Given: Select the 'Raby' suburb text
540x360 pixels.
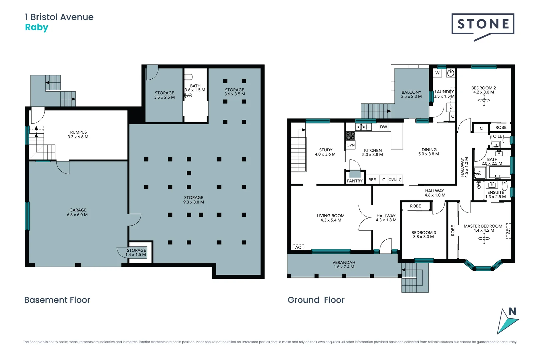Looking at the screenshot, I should [x=37, y=27].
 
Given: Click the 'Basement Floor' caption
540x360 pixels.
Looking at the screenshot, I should [x=57, y=300].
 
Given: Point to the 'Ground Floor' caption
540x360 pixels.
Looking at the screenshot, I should [x=316, y=300].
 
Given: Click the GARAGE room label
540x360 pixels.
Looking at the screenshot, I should [x=78, y=212].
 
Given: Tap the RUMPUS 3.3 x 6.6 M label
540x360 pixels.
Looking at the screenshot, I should [x=78, y=134].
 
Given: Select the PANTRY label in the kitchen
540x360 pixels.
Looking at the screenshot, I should [x=355, y=181].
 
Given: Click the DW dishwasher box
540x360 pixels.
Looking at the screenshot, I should [x=384, y=127].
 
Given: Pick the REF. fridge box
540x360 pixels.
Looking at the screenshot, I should [x=372, y=180].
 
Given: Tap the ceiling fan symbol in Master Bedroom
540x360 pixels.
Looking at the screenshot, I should [x=484, y=238].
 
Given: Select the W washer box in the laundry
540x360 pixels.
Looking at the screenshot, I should [x=437, y=73].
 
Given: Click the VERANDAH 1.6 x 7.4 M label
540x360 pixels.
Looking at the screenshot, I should [x=344, y=265].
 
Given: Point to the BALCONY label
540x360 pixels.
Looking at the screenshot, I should [x=411, y=94].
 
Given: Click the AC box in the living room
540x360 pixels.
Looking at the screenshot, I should [x=298, y=247].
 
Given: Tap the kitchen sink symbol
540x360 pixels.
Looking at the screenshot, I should [x=363, y=127].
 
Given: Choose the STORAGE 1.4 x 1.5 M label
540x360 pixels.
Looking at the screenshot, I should [x=136, y=252].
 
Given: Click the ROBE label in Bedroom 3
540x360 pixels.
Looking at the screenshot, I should [x=415, y=206].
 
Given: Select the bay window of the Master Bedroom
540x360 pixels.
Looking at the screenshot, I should [x=483, y=267].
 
